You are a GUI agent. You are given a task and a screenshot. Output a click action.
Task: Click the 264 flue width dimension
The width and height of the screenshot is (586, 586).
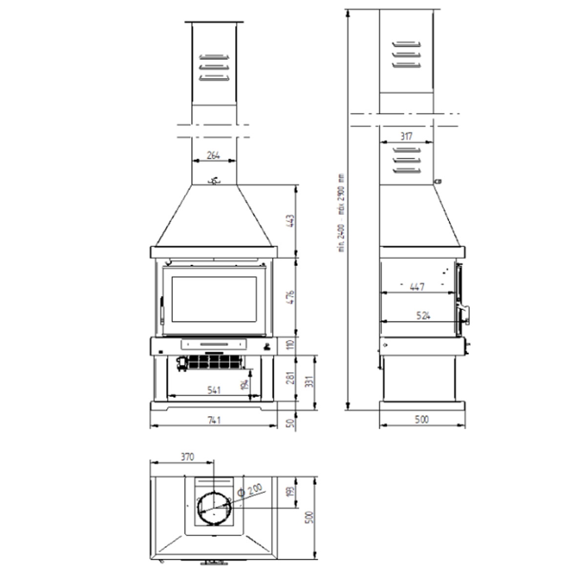point(213,156)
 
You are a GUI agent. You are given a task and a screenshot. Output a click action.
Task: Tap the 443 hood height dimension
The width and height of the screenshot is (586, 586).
point(290,221)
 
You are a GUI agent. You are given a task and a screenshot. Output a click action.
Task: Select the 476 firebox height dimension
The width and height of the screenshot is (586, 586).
point(290,297)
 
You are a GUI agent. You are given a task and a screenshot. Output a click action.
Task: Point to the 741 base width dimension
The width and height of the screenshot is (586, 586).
point(213,420)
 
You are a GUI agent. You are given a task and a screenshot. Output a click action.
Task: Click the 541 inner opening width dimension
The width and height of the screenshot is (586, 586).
point(213,390)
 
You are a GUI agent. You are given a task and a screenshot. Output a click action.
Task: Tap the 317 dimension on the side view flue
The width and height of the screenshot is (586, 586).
point(406,137)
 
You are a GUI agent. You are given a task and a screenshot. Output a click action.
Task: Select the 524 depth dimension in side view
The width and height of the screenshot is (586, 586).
point(423,316)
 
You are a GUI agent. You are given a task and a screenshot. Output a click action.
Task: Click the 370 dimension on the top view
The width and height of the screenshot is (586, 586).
point(187,457)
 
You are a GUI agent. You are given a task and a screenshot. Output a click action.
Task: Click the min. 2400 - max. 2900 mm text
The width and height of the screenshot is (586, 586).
point(342,212)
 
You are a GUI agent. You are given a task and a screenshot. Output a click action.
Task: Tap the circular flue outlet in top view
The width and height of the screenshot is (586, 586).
point(214,506)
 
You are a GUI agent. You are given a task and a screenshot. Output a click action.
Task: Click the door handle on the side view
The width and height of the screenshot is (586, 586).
point(465,311)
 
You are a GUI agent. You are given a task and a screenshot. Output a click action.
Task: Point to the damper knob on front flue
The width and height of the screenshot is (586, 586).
point(214,181)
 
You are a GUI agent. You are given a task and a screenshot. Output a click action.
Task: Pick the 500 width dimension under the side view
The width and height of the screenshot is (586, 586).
point(422,419)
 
